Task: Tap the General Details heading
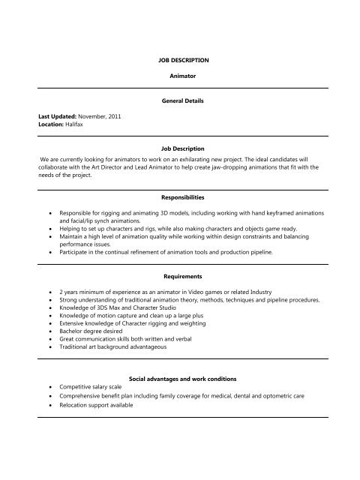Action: click(x=180, y=100)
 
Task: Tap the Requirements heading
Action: click(x=180, y=275)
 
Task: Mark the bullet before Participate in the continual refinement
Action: click(x=49, y=251)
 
